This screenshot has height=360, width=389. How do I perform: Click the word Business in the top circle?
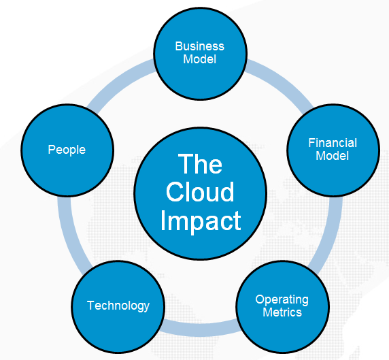pyautogui.click(x=199, y=46)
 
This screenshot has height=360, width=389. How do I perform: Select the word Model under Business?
pyautogui.click(x=199, y=59)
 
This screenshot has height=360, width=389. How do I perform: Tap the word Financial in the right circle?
pyautogui.click(x=333, y=143)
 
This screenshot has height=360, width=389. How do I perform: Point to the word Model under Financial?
pyautogui.click(x=333, y=156)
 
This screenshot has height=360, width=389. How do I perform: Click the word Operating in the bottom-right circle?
pyautogui.click(x=282, y=299)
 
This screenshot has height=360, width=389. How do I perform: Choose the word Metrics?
pyautogui.click(x=282, y=312)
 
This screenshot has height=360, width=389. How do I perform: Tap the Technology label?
pyautogui.click(x=118, y=306)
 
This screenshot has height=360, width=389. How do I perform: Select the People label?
pyautogui.click(x=67, y=149)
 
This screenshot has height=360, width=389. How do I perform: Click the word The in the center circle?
pyautogui.click(x=200, y=164)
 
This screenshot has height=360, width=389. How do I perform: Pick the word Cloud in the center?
pyautogui.click(x=200, y=192)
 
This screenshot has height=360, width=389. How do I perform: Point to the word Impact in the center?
pyautogui.click(x=200, y=220)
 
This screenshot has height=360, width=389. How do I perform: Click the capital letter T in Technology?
pyautogui.click(x=90, y=305)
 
